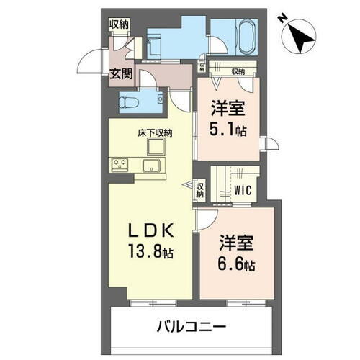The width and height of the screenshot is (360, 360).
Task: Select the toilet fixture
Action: [x=128, y=101]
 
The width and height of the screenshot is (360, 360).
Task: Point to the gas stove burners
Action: [x=119, y=165]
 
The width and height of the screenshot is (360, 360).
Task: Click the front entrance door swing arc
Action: [x=88, y=61]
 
